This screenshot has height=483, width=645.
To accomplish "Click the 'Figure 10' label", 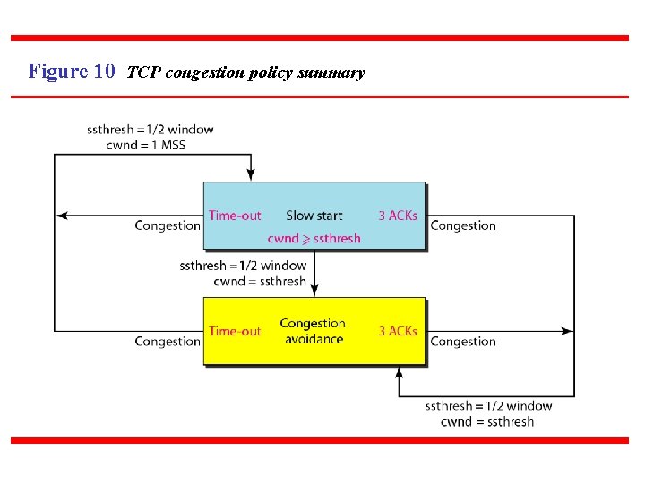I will [72, 72].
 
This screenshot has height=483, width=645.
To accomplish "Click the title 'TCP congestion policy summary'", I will [246, 72].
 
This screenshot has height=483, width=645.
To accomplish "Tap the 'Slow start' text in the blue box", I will [314, 216].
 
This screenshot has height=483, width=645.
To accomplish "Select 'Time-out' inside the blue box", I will [235, 216].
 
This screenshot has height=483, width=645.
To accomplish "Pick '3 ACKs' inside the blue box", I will [397, 216].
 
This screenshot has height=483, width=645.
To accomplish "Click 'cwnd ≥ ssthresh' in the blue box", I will [314, 238].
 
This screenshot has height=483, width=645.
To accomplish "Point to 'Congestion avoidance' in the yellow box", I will [313, 331].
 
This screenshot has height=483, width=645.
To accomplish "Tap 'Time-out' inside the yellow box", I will [235, 331].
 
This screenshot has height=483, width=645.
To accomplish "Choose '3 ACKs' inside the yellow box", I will [397, 331].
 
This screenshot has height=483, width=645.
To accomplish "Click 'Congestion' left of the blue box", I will [168, 225].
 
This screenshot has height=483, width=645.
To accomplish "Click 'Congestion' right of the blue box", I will [463, 225].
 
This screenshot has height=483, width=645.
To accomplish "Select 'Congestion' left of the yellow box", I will [168, 341].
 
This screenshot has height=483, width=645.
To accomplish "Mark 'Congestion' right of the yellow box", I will [463, 341].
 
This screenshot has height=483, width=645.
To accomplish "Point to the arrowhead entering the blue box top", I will [251, 175].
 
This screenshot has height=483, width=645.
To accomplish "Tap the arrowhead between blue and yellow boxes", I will [315, 291].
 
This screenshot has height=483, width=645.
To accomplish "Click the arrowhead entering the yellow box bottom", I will [399, 371].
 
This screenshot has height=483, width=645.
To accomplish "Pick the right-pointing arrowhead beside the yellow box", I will [567, 331].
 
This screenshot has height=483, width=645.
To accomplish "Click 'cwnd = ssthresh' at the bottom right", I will [487, 421].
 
